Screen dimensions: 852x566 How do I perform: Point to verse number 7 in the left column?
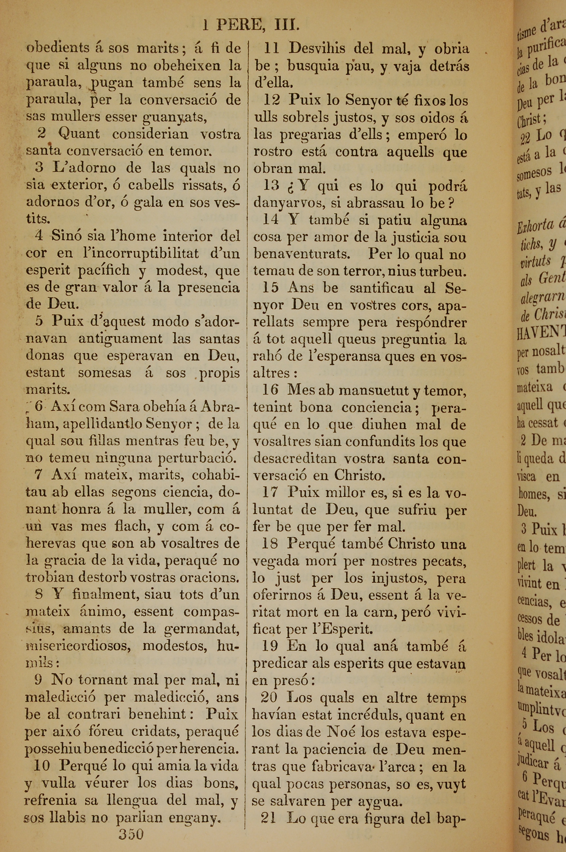(x=38, y=474)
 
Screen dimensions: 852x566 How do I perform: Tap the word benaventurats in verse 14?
(x=302, y=254)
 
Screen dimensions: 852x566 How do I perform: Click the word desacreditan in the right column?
(x=295, y=459)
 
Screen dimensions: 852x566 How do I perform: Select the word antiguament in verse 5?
(x=121, y=339)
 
